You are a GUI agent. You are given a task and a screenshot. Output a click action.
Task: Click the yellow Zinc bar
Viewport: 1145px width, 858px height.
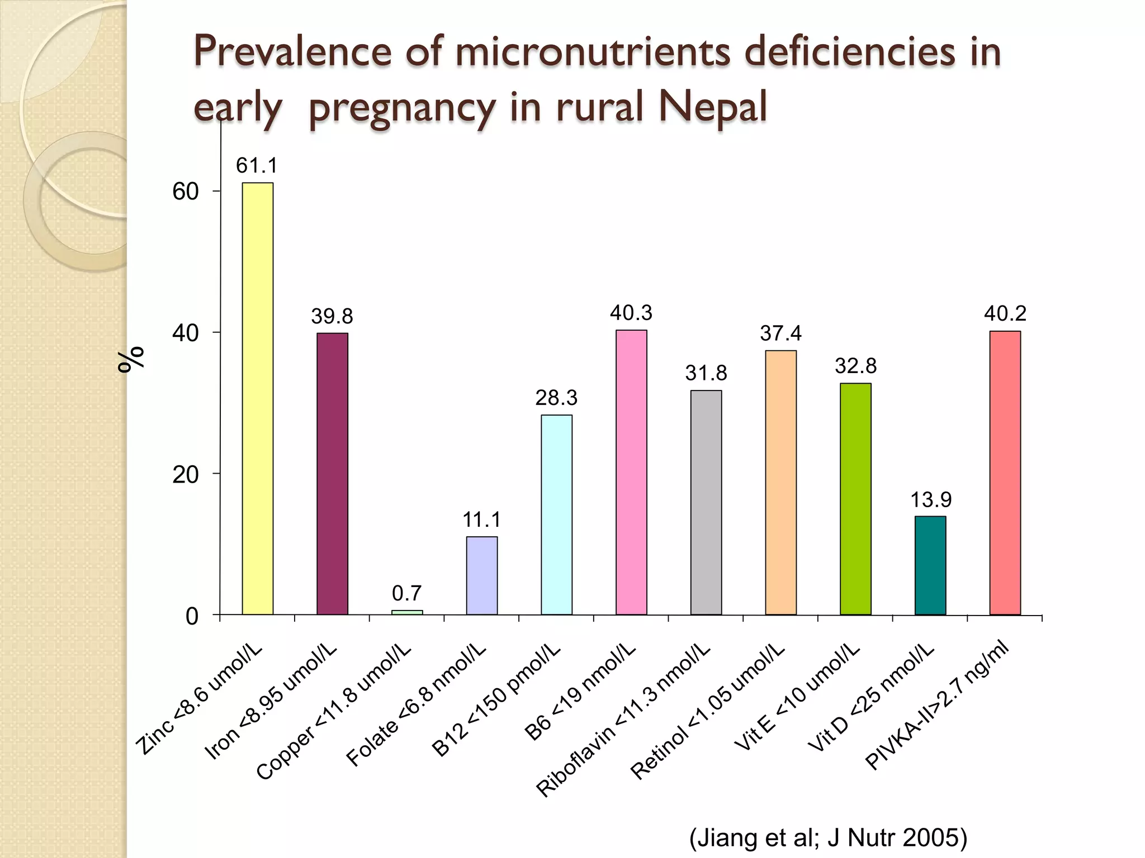[258, 398]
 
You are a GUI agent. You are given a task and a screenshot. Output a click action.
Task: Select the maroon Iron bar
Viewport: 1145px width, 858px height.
[332, 474]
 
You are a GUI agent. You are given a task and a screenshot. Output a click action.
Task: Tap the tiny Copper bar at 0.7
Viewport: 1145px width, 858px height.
[407, 612]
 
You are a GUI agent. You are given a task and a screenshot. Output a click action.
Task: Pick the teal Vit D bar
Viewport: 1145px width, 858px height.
[930, 565]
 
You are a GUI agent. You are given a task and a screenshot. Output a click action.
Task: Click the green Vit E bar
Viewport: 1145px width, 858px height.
[855, 499]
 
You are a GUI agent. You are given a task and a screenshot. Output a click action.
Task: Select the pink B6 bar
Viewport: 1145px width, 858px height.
[631, 472]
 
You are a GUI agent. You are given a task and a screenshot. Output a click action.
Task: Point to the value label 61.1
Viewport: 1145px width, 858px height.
[257, 165]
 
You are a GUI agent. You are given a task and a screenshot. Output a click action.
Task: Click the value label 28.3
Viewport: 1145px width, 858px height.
[556, 398]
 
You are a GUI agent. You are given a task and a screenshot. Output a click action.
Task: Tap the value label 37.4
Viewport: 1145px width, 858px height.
[780, 333]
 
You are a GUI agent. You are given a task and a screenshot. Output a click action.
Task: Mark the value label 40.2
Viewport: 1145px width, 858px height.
[1005, 313]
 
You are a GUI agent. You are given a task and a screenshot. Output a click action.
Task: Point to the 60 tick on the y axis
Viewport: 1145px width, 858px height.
[186, 192]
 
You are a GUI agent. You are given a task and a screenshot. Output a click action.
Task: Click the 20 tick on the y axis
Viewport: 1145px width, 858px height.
[186, 475]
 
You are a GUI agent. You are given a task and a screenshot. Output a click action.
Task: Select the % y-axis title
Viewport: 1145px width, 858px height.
[131, 359]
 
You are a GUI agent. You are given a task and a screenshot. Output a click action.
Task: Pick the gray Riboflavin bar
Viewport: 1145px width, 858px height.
[706, 502]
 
